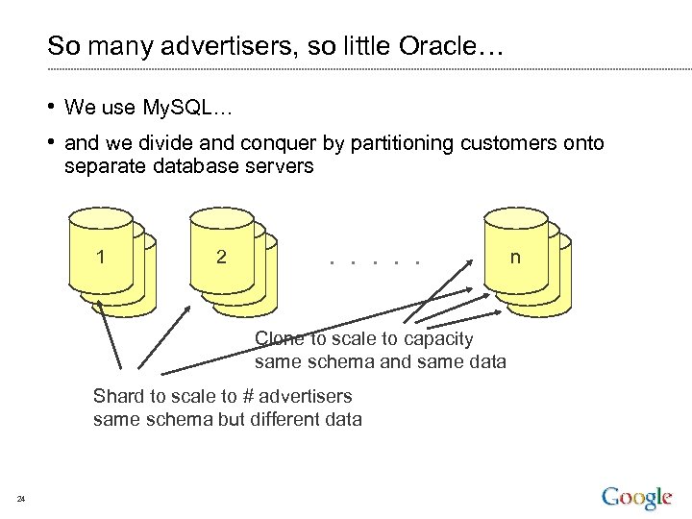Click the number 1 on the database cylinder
pos(100,257)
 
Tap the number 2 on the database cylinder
pos(222,257)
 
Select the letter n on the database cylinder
pos(516,257)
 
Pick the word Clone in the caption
pos(279,338)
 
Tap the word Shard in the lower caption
pos(116,396)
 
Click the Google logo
pos(636,498)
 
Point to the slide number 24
pos(21,498)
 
